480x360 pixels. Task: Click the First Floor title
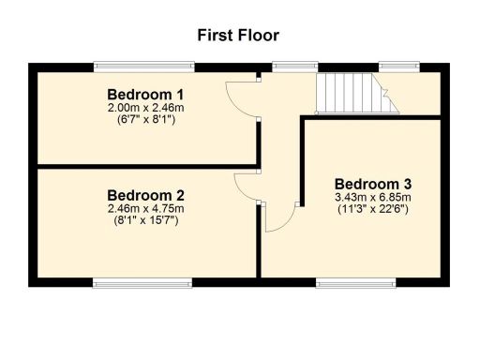click(238, 36)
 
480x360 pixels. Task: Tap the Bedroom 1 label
click(145, 95)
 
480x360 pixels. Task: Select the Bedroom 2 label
click(145, 195)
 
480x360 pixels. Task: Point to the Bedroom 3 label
click(373, 184)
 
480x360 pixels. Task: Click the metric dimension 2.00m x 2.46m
click(145, 108)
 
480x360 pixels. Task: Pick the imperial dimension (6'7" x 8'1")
click(145, 120)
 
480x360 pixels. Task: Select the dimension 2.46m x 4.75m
click(145, 208)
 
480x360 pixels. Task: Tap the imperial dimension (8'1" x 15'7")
click(145, 220)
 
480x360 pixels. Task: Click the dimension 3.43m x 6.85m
click(373, 198)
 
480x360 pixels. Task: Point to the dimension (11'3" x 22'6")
click(373, 210)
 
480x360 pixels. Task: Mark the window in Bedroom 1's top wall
click(143, 67)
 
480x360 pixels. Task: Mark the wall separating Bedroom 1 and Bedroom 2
click(145, 166)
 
